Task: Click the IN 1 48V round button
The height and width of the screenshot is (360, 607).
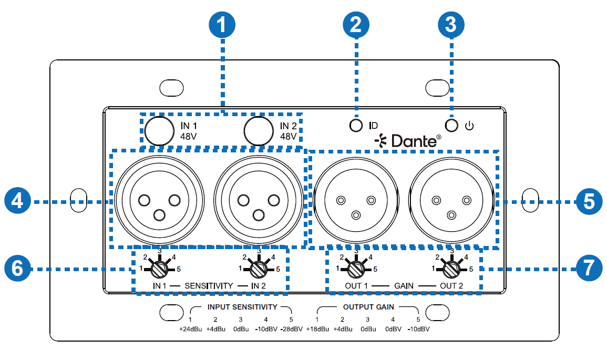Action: pyautogui.click(x=159, y=130)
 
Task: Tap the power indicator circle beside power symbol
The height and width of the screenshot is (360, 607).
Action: pyautogui.click(x=451, y=126)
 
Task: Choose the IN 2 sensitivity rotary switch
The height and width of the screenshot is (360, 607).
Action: pyautogui.click(x=258, y=269)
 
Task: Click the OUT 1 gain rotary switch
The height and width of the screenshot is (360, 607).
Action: pyautogui.click(x=356, y=269)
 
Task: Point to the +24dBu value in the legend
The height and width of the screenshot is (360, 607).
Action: pyautogui.click(x=190, y=330)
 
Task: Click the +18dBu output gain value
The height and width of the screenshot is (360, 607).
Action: pyautogui.click(x=317, y=330)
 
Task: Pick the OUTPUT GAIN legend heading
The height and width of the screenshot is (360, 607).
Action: pyautogui.click(x=368, y=306)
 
